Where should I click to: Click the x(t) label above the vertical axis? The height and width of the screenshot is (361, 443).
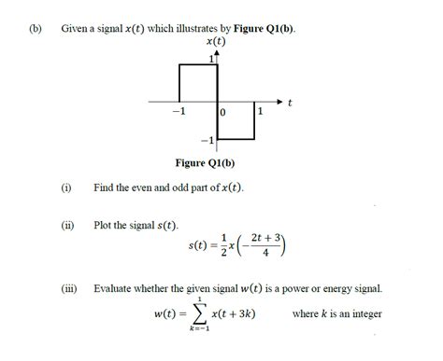click(215, 42)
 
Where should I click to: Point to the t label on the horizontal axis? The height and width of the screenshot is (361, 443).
click(291, 102)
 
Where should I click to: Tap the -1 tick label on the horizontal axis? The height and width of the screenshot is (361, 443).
click(179, 111)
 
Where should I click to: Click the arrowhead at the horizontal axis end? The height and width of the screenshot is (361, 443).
click(278, 100)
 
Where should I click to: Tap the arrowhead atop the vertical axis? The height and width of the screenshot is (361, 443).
click(217, 53)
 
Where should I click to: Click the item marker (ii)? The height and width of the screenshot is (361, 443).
click(66, 226)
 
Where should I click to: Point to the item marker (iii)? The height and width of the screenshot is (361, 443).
click(67, 288)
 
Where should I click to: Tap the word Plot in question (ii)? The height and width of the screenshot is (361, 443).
click(105, 226)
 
